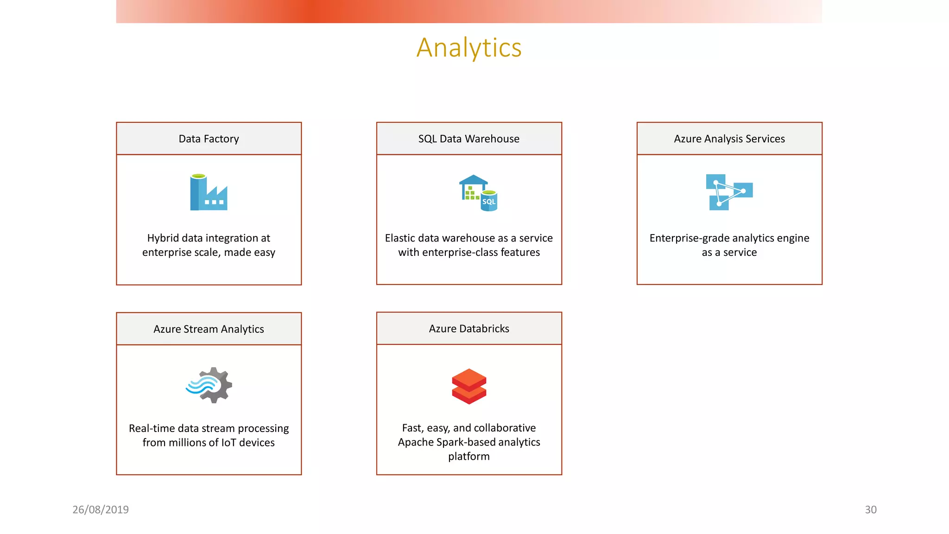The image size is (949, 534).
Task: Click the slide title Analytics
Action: click(469, 48)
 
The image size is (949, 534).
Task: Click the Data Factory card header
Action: click(209, 139)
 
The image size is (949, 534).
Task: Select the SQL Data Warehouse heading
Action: click(468, 139)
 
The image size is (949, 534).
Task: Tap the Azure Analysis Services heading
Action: click(729, 139)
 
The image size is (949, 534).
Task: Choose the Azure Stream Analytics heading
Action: click(209, 329)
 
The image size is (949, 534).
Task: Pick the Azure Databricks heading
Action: click(468, 328)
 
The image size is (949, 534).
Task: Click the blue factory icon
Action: click(209, 192)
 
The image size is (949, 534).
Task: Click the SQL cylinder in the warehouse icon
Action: click(489, 201)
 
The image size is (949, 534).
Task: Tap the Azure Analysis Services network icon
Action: click(729, 192)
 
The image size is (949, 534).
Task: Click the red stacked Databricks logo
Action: click(468, 386)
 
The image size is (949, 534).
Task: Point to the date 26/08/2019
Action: click(101, 509)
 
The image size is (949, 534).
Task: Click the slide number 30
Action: click(870, 509)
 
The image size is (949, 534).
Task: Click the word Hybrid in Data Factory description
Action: click(163, 238)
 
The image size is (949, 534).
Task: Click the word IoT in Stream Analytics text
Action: click(228, 443)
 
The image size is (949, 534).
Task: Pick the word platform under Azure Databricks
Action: click(468, 457)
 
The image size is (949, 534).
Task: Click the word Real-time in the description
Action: click(152, 428)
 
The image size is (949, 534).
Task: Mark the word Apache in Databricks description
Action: click(415, 442)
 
